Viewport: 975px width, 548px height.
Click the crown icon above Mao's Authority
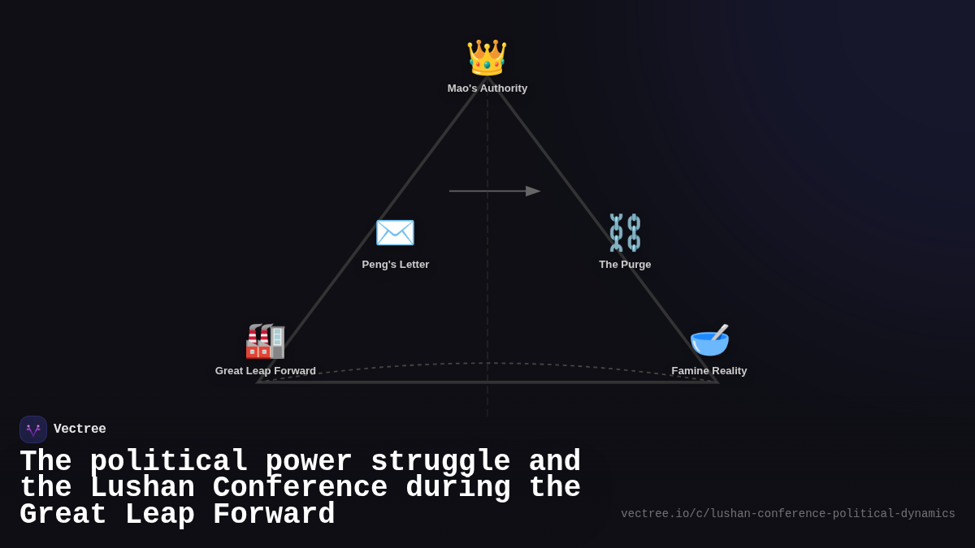click(x=487, y=57)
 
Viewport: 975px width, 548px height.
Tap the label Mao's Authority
click(x=487, y=88)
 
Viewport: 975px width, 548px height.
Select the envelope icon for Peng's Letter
click(x=395, y=233)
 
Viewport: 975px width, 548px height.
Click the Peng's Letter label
click(x=396, y=265)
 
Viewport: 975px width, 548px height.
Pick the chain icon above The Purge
click(x=625, y=233)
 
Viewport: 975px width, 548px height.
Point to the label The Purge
click(x=625, y=265)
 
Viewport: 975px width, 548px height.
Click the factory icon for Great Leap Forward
click(x=265, y=341)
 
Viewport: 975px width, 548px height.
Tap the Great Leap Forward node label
click(x=266, y=371)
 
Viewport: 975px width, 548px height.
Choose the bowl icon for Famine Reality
click(x=709, y=340)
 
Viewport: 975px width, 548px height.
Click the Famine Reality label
click(x=709, y=371)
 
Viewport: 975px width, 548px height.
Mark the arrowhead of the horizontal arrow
click(x=533, y=192)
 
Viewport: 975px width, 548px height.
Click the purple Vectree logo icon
click(x=33, y=429)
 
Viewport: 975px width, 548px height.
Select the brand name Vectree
click(x=80, y=429)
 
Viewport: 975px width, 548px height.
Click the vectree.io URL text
click(x=788, y=514)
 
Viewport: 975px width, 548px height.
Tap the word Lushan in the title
click(x=142, y=488)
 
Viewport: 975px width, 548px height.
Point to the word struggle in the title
click(x=440, y=462)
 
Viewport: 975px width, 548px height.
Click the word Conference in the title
click(x=300, y=488)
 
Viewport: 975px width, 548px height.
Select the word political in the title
click(x=168, y=462)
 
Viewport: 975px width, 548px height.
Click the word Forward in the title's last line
click(x=274, y=515)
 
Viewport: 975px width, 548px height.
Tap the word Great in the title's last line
click(x=63, y=515)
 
